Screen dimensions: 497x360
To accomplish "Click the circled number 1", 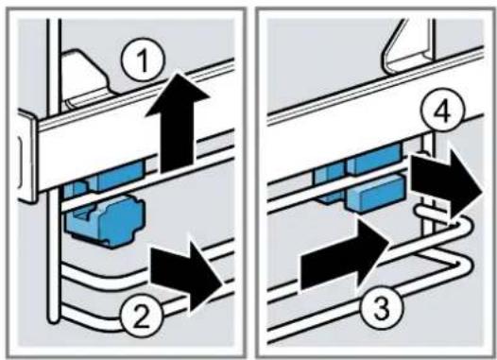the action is (143, 61).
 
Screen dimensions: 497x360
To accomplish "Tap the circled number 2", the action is (142, 317).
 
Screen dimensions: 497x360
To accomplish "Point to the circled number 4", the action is (443, 111).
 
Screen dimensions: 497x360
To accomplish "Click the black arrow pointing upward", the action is (178, 122).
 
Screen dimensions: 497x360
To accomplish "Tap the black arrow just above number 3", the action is (345, 254).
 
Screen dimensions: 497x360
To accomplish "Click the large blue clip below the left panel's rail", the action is (105, 219).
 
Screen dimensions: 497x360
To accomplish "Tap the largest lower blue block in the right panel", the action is (376, 193).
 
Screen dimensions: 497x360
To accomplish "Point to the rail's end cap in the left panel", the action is (27, 154).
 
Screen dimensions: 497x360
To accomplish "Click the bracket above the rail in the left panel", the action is (86, 77).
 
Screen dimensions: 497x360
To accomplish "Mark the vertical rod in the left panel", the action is (54, 171).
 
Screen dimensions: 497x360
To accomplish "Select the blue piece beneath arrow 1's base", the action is (120, 173).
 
